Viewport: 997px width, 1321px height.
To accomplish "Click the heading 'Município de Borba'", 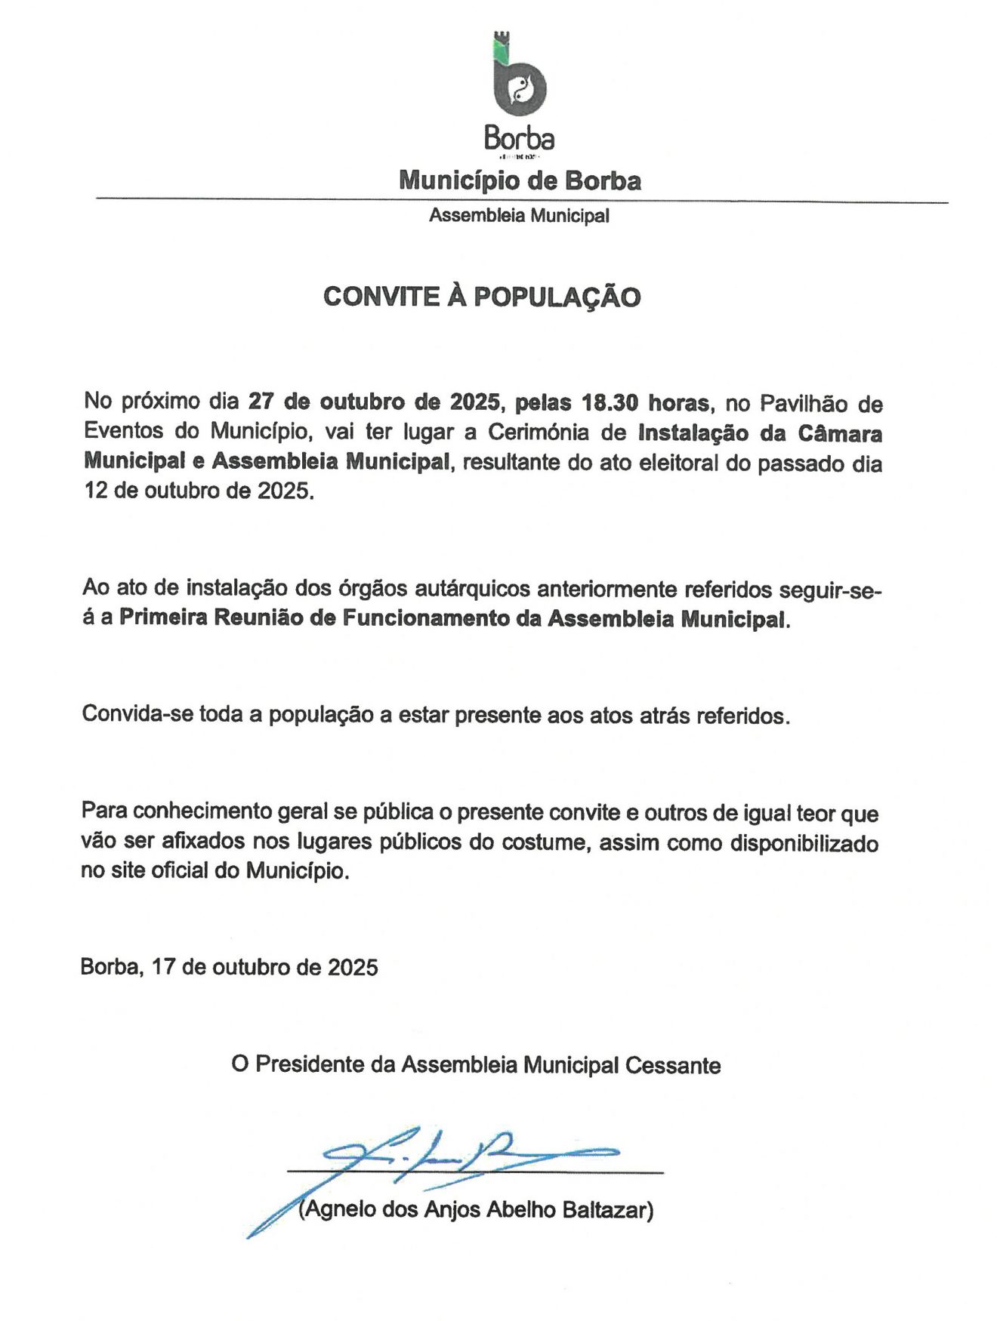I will [x=520, y=181].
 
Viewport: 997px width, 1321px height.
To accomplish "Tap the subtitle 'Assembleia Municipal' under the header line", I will [x=519, y=216].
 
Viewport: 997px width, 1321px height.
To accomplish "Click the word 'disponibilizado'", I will [x=804, y=842].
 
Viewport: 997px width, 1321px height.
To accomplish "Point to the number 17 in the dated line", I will [x=163, y=967].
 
